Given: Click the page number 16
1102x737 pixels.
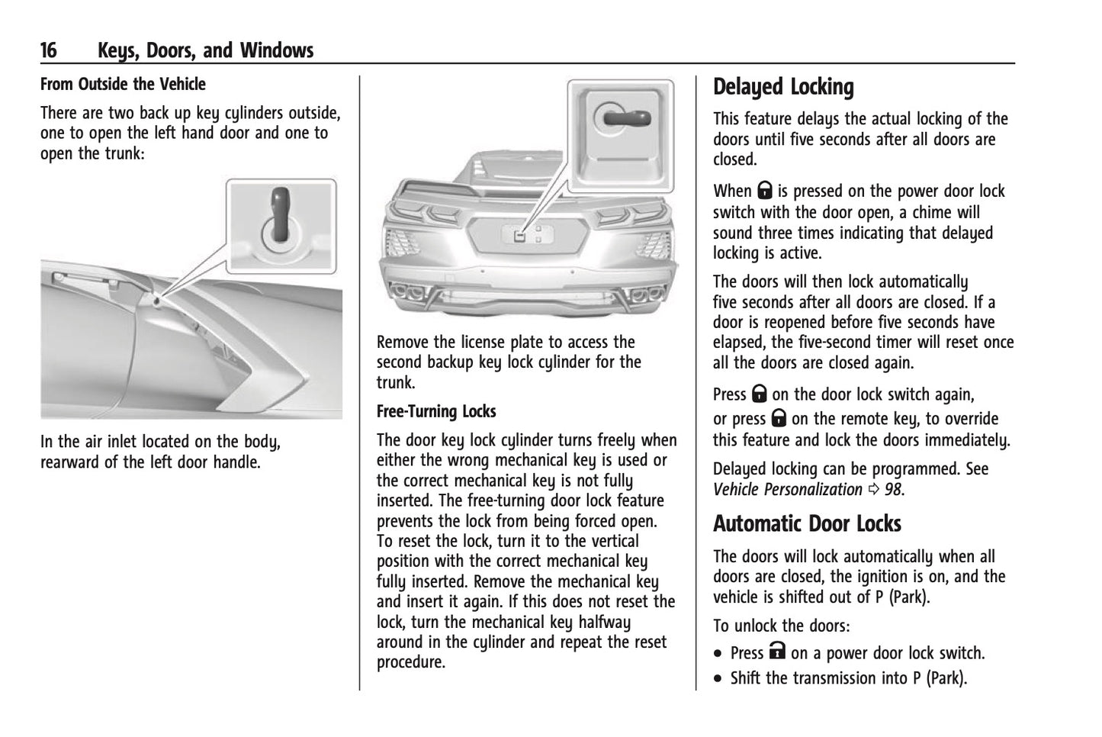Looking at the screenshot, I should (x=48, y=51).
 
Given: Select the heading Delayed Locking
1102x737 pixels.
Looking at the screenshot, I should (x=783, y=88).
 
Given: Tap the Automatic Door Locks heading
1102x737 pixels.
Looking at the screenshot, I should (x=807, y=524).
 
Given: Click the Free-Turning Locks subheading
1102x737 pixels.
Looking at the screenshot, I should (x=436, y=412).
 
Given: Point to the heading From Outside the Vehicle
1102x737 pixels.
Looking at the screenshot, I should (x=123, y=84).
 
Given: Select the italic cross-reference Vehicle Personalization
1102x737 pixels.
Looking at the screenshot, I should (x=787, y=490).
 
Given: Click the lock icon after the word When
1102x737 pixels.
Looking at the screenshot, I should (x=764, y=191).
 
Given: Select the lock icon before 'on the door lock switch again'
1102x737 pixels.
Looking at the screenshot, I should (x=759, y=394).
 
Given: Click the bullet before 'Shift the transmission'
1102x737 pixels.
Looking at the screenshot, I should (x=718, y=679).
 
